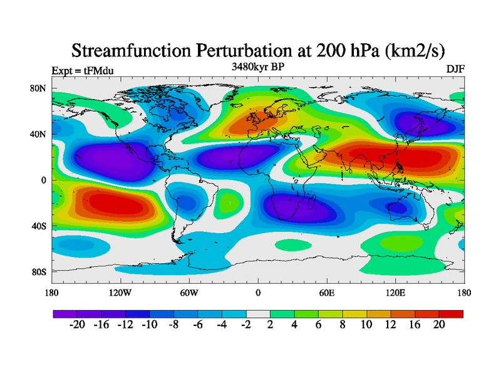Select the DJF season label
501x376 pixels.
tap(455, 69)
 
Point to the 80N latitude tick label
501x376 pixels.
tap(39, 88)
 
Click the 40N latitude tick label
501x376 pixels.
tap(39, 134)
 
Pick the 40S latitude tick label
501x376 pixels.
tap(39, 226)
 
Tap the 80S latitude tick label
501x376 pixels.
tap(39, 271)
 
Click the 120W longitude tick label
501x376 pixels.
tap(120, 293)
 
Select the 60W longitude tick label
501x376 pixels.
tap(189, 293)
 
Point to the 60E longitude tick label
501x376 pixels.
tap(326, 293)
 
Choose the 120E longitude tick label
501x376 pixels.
tap(395, 293)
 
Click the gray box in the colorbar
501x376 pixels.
tap(257, 313)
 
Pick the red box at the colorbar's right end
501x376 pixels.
tap(451, 313)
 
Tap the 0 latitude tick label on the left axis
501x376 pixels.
tap(44, 180)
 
